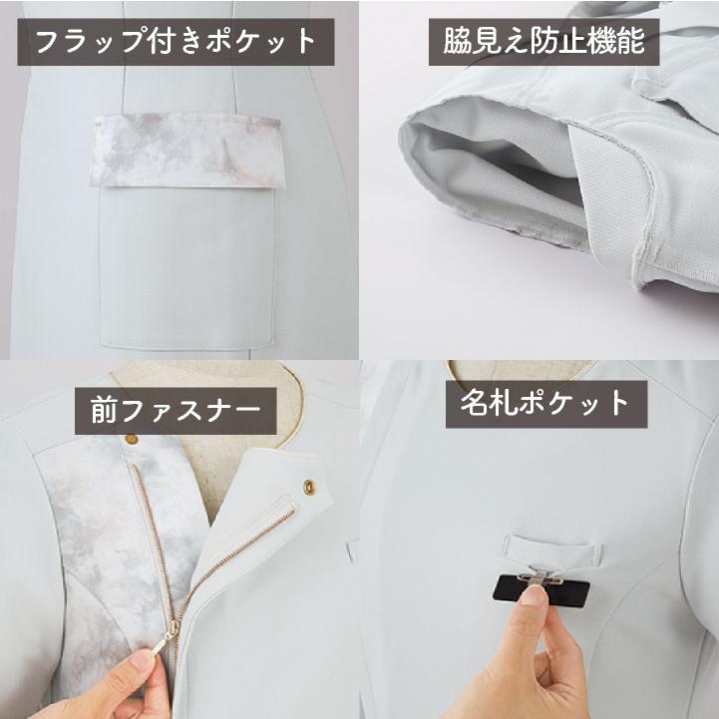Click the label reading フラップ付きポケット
(x=176, y=42)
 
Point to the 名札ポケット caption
(x=545, y=404)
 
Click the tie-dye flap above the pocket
(x=188, y=150)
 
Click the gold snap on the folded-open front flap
(x=307, y=486)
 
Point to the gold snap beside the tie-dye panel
(x=131, y=439)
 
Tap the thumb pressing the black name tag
(x=535, y=598)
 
